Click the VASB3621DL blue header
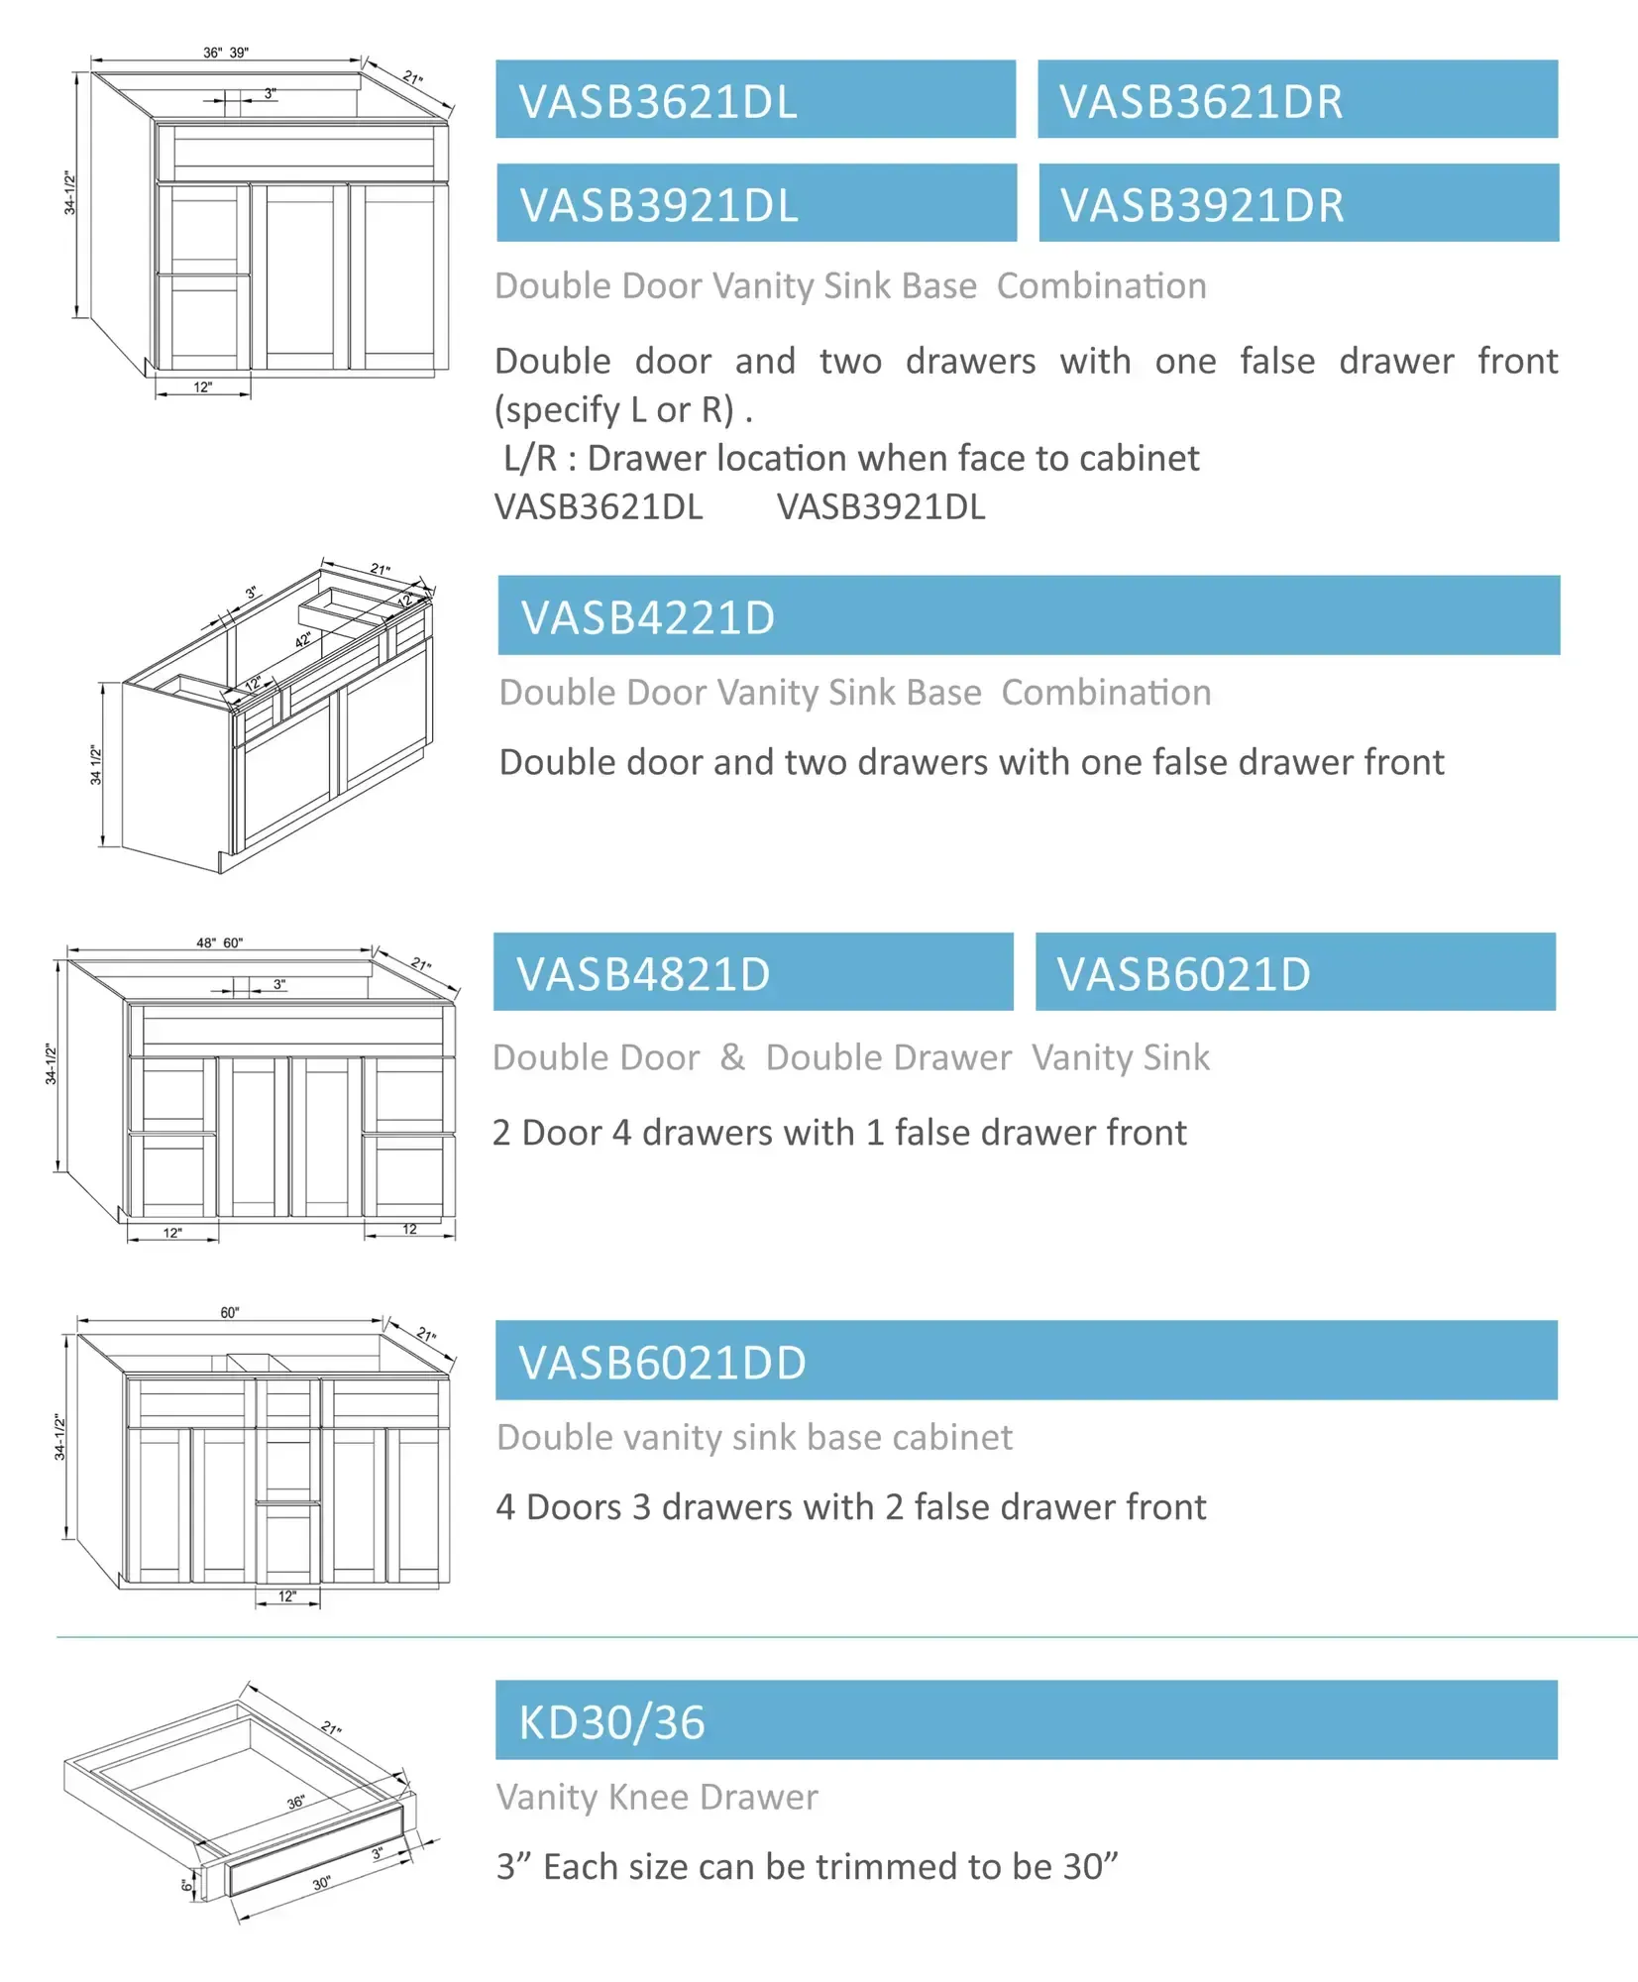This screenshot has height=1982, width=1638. tap(755, 100)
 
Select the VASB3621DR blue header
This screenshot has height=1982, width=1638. tap(1297, 100)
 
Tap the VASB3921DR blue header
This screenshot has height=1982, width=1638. tap(1298, 204)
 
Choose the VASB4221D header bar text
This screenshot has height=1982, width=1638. tap(648, 617)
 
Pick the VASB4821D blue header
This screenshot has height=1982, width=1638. tap(753, 973)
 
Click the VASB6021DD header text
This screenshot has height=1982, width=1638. tap(662, 1363)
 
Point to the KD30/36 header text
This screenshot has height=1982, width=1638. tap(611, 1722)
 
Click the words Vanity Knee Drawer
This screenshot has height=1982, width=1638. tap(657, 1797)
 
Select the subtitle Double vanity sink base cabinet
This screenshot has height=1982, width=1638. tap(754, 1437)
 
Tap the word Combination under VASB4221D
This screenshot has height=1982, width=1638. tap(1106, 693)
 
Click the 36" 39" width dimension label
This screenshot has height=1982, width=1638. tap(225, 53)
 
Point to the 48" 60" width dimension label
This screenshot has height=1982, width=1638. tap(219, 942)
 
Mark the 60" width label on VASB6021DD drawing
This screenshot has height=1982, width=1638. tap(230, 1312)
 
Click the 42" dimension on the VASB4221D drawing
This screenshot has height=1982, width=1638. tap(303, 640)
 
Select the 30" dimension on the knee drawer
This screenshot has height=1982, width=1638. tap(321, 1883)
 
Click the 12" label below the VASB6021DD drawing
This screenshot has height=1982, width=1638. tap(286, 1597)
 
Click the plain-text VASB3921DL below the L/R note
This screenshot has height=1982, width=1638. tap(881, 507)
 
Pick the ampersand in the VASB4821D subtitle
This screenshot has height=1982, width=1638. tap(732, 1056)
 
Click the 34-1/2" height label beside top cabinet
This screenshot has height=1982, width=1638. tap(69, 192)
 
